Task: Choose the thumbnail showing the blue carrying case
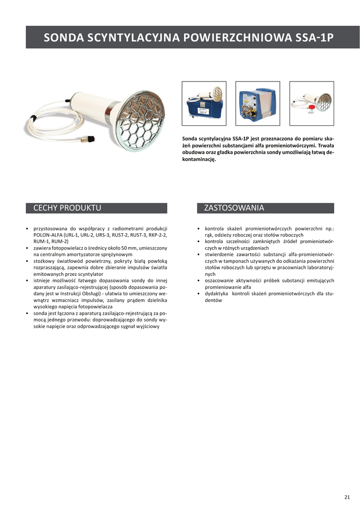[204, 103]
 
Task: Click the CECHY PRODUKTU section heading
[67, 208]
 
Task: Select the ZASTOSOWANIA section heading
[234, 208]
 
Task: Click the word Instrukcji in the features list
[74, 294]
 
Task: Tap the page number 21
[347, 497]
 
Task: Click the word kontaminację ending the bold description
[199, 160]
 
